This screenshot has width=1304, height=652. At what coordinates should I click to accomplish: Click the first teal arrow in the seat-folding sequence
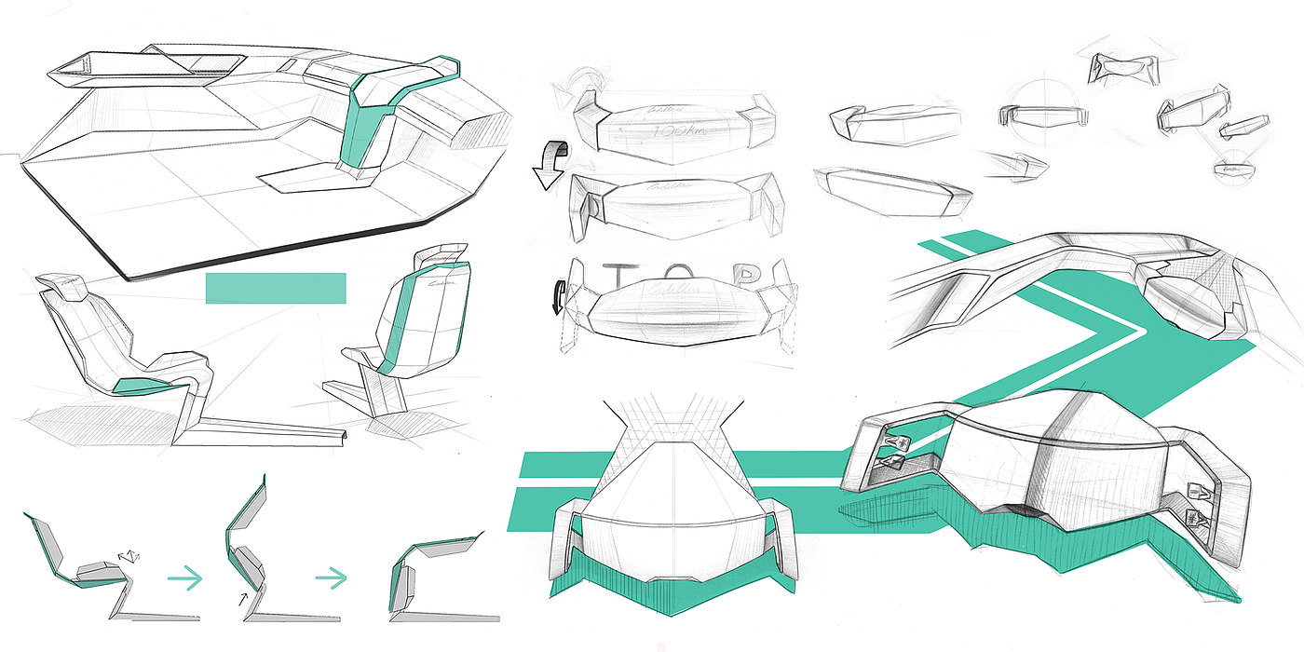[x=184, y=578]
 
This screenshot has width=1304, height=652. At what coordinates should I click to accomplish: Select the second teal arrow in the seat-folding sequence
[x=332, y=578]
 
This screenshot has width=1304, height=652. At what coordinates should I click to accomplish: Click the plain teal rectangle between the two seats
[x=276, y=288]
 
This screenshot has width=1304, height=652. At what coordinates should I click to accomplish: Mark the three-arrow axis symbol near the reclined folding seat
[x=129, y=556]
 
